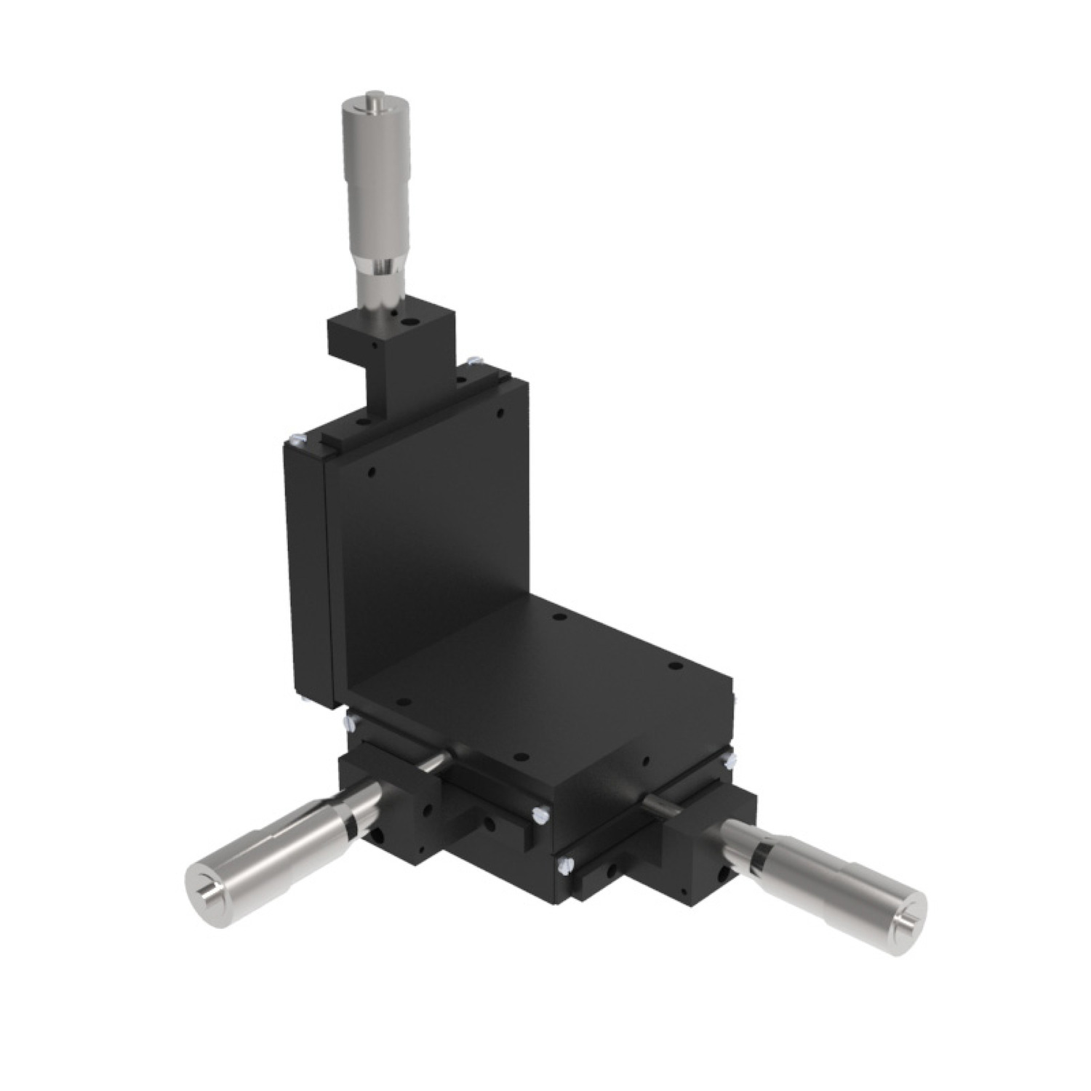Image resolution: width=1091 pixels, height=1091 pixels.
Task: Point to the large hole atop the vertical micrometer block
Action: [x=414, y=319]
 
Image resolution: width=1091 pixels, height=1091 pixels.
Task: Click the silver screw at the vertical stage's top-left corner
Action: [x=294, y=438]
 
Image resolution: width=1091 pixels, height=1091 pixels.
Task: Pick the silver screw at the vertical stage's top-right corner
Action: [x=476, y=359]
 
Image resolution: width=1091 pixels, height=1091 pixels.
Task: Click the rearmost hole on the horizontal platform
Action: [x=557, y=617]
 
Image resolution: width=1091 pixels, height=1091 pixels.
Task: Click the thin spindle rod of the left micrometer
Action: [x=432, y=760]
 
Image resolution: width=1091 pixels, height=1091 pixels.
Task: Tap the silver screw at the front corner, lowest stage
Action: [x=563, y=864]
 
